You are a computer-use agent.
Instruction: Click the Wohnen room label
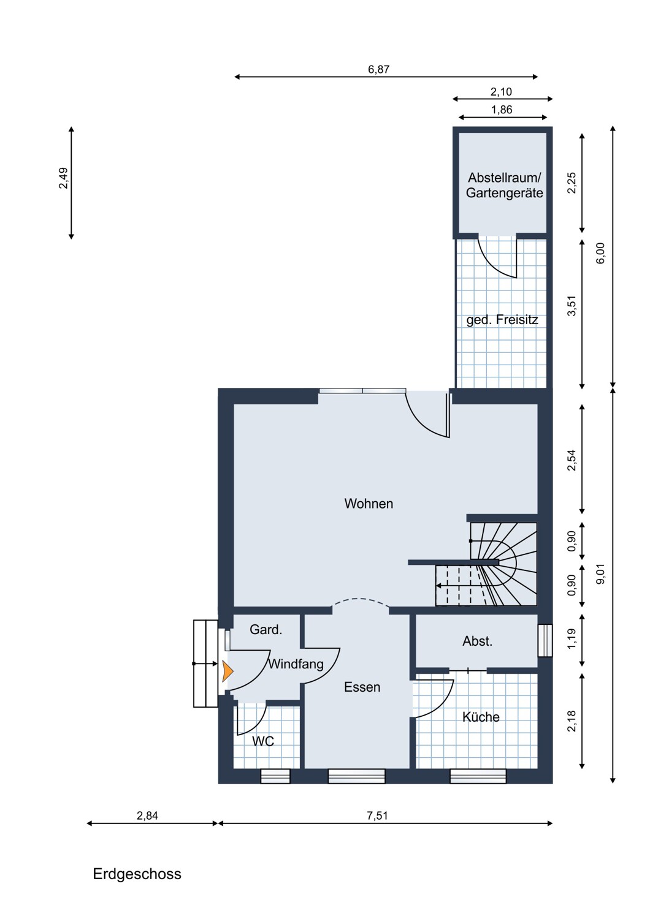pyautogui.click(x=369, y=504)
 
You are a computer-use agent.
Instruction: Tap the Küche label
pyautogui.click(x=481, y=717)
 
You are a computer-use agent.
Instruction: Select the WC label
pyautogui.click(x=263, y=741)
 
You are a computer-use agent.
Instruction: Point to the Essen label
pyautogui.click(x=362, y=687)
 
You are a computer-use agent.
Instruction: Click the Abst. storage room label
pyautogui.click(x=477, y=641)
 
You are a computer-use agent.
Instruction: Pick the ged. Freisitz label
pyautogui.click(x=502, y=320)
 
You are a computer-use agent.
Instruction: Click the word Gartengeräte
pyautogui.click(x=504, y=194)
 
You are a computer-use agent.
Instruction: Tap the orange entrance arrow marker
pyautogui.click(x=227, y=671)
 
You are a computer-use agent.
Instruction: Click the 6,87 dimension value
pyautogui.click(x=378, y=69)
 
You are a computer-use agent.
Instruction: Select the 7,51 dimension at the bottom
pyautogui.click(x=377, y=815)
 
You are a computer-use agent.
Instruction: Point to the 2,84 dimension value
pyautogui.click(x=147, y=815)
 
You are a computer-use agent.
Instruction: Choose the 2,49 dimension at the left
pyautogui.click(x=64, y=178)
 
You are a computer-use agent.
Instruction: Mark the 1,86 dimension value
pyautogui.click(x=502, y=110)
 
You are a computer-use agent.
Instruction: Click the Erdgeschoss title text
pyautogui.click(x=137, y=874)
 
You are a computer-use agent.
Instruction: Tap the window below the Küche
pyautogui.click(x=478, y=776)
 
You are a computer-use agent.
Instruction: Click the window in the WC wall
pyautogui.click(x=275, y=776)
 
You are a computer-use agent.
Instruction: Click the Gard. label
pyautogui.click(x=266, y=630)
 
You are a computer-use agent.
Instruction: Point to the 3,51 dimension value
pyautogui.click(x=572, y=306)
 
